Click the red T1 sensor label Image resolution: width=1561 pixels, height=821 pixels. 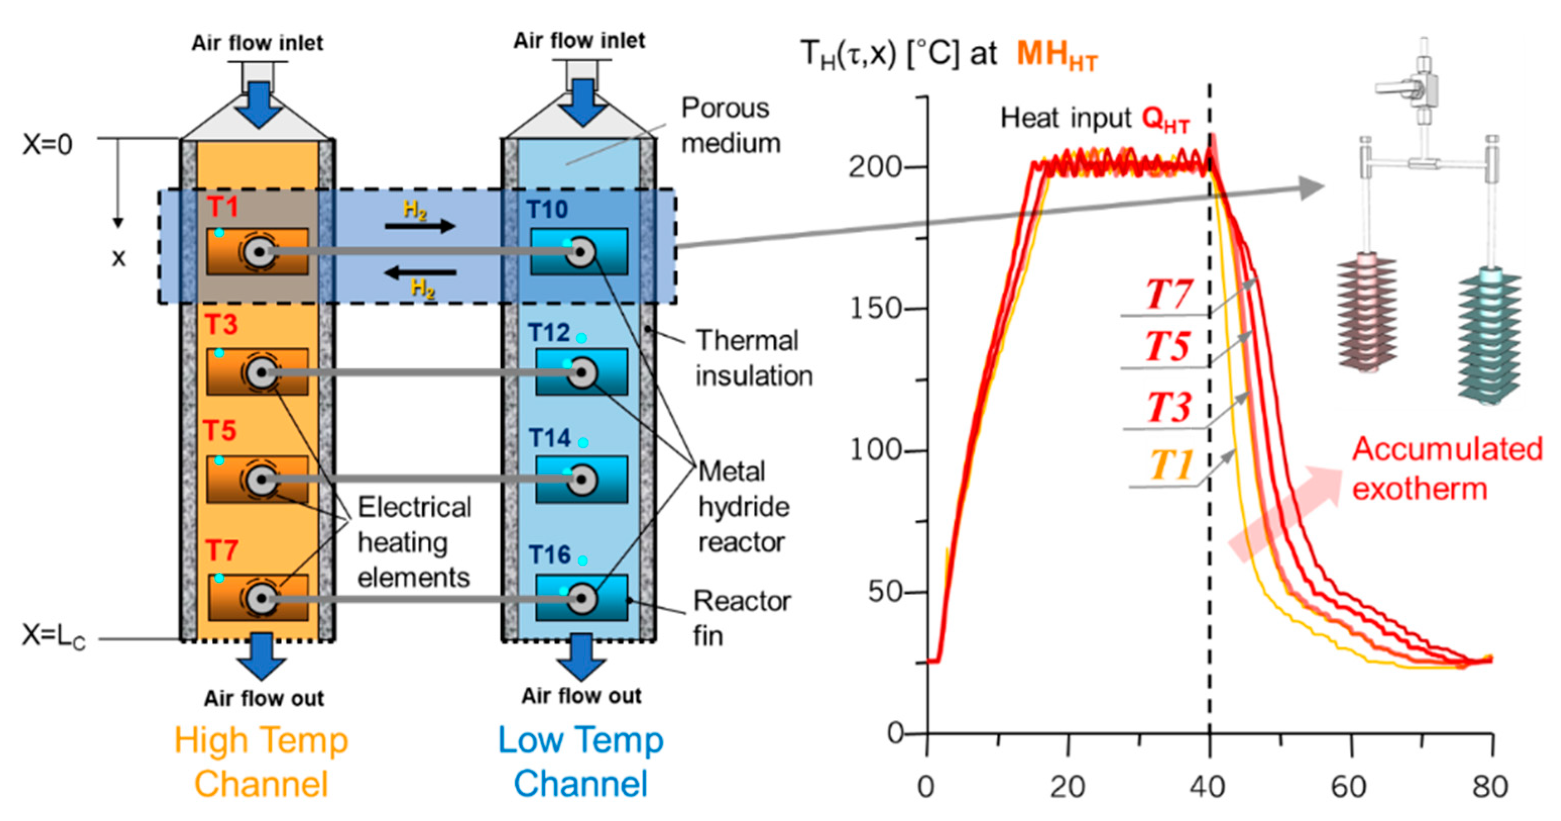tap(223, 207)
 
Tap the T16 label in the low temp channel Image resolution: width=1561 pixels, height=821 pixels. tap(550, 554)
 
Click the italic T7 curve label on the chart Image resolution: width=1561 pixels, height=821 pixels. tap(1169, 295)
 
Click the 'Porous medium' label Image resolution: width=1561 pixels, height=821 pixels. tap(731, 126)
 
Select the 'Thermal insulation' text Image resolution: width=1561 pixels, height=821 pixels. tap(754, 358)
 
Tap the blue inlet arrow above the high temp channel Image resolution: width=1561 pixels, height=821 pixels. tap(259, 104)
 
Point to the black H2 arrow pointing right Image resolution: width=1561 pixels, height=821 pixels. tap(419, 227)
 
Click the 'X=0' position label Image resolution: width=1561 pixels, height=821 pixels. tap(47, 145)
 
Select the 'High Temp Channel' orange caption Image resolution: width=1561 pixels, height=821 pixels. tap(261, 761)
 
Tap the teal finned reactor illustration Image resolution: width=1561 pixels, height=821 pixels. tap(1488, 337)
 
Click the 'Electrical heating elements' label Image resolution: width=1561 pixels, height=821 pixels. tap(414, 542)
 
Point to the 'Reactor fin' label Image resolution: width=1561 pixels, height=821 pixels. tap(741, 619)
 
